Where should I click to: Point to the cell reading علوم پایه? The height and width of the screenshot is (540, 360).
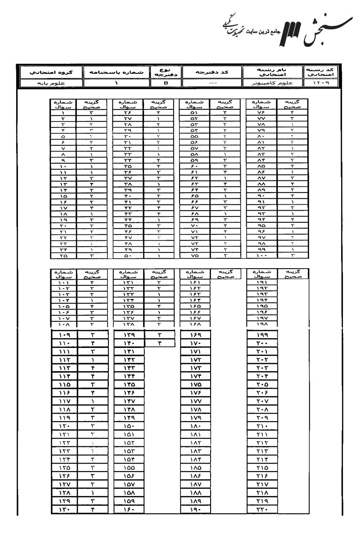point(38,83)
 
